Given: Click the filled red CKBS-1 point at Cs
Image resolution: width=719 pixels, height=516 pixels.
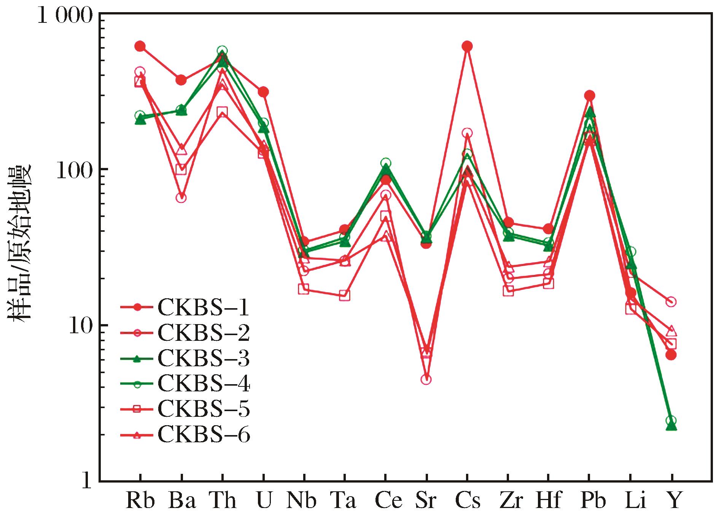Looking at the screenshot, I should [467, 46].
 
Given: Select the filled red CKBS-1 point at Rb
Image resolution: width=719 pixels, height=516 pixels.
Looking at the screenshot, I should [140, 46].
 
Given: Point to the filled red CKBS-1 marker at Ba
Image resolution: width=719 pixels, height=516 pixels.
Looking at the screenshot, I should [181, 80].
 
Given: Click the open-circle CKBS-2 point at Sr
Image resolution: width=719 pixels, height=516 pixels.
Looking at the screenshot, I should [426, 379].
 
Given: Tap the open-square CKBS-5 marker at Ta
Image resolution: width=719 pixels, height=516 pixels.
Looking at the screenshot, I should [345, 295].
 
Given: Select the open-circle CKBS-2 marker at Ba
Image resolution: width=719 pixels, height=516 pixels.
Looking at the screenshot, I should [181, 198].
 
